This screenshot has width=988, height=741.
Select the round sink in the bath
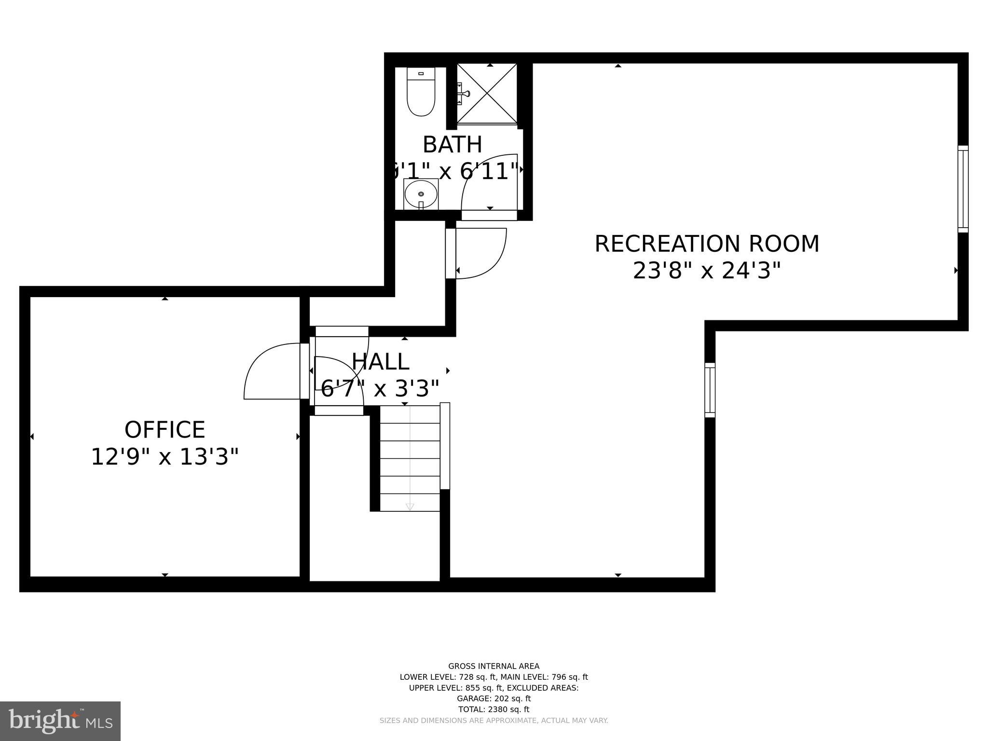pyautogui.click(x=421, y=194)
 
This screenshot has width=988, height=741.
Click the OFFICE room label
pyautogui.click(x=165, y=429)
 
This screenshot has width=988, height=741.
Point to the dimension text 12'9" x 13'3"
pyautogui.click(x=165, y=457)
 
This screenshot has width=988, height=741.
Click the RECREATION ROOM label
pyautogui.click(x=706, y=244)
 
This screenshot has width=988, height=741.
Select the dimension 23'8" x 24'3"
pyautogui.click(x=706, y=271)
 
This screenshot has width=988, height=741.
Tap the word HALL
pyautogui.click(x=380, y=361)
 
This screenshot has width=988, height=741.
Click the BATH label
pyautogui.click(x=452, y=144)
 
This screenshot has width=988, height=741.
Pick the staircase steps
pyautogui.click(x=410, y=458)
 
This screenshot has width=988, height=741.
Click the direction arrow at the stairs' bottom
pyautogui.click(x=410, y=507)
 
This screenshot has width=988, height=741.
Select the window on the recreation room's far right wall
pyautogui.click(x=962, y=189)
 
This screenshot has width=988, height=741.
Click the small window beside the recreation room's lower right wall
pyautogui.click(x=710, y=390)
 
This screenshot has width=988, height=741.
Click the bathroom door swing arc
pyautogui.click(x=487, y=178)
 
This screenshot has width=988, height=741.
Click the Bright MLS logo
pyautogui.click(x=60, y=721)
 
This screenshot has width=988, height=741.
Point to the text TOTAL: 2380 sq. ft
pyautogui.click(x=494, y=709)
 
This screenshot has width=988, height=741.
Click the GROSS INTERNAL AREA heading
pyautogui.click(x=494, y=666)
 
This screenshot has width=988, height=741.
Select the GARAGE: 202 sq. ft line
pyautogui.click(x=494, y=698)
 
